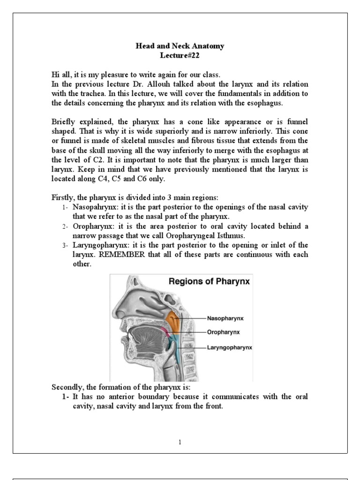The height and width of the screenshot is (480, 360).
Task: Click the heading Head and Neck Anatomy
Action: [x=180, y=46]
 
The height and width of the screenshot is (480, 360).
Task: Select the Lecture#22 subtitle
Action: [x=180, y=55]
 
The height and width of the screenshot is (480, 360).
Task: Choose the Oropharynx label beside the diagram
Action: [x=224, y=332]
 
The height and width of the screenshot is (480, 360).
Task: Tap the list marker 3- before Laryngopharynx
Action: [x=65, y=246]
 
